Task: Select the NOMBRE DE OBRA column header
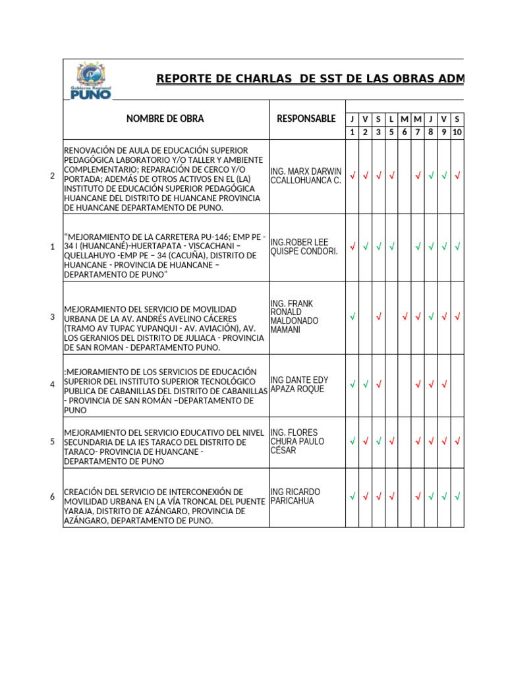click(x=165, y=119)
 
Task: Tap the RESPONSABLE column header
click(x=306, y=119)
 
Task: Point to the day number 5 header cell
click(x=391, y=132)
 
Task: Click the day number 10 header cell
click(x=457, y=132)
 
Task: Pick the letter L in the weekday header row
click(x=391, y=119)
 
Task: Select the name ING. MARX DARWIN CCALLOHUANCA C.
click(x=306, y=176)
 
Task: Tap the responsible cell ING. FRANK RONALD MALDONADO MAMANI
click(x=295, y=316)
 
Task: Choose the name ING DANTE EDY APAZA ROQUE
click(x=299, y=384)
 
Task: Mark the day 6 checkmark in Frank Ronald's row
click(x=405, y=317)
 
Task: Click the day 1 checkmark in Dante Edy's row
click(x=352, y=384)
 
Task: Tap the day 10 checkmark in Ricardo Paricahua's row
click(x=457, y=496)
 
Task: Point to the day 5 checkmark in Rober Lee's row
click(x=391, y=247)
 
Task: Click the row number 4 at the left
click(x=52, y=384)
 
